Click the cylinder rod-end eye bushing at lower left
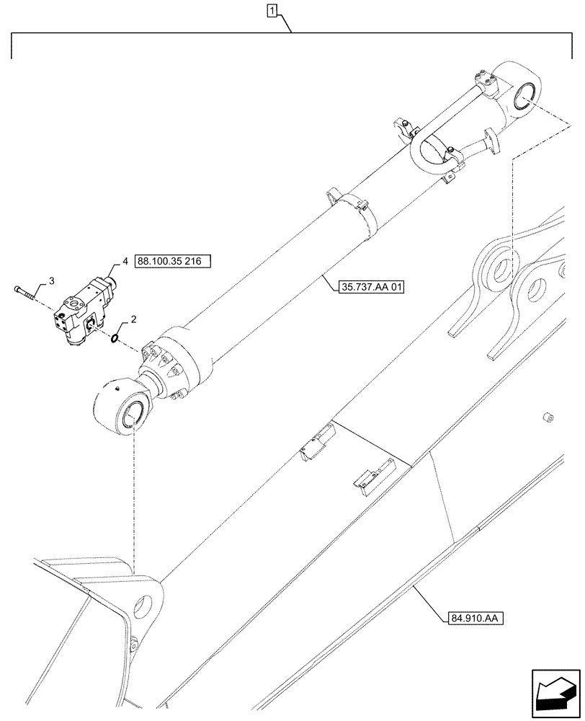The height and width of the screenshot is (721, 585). pos(133,417)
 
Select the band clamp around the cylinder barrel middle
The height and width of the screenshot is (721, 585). pos(358,209)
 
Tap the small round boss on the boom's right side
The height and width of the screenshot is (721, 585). pos(548,417)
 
